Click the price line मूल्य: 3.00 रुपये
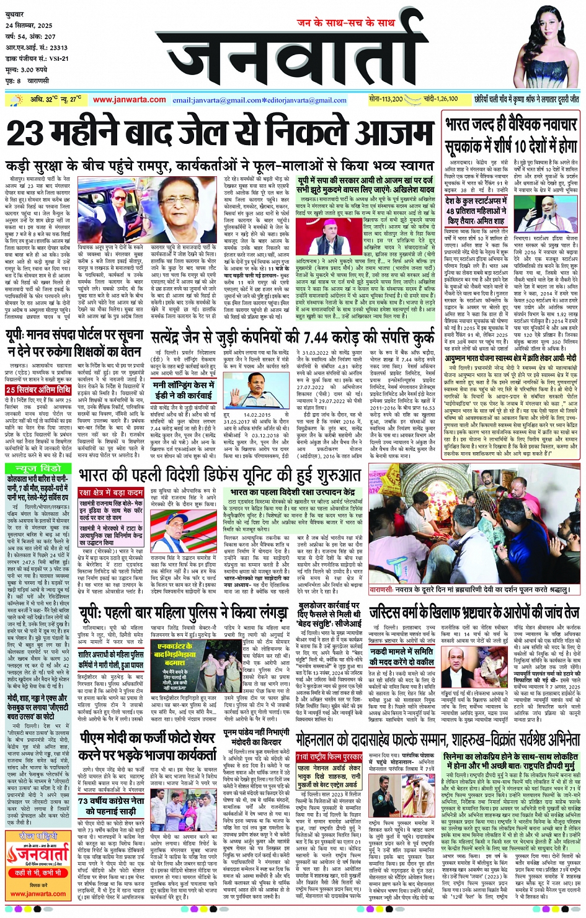click(26, 70)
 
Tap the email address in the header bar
click(259, 100)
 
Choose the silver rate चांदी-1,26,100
click(441, 99)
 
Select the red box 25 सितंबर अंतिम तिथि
click(38, 390)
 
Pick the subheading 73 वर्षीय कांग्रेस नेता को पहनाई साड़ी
click(110, 806)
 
